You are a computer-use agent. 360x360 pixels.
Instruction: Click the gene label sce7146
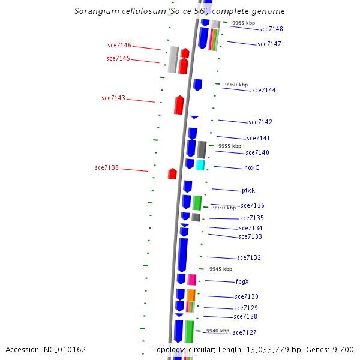point(119,45)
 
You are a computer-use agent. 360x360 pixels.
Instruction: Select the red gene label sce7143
point(113,98)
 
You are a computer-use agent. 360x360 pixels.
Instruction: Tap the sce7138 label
point(107,167)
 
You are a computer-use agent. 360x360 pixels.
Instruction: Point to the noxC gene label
point(251,167)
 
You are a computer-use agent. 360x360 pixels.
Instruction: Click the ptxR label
point(248,190)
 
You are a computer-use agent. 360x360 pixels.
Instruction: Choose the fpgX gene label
point(242,281)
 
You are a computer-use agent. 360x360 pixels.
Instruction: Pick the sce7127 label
point(245,332)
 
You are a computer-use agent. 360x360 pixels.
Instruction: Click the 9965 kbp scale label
point(244,23)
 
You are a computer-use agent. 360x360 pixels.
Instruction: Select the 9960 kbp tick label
point(236,85)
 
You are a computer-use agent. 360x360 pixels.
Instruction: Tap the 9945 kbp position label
point(220,269)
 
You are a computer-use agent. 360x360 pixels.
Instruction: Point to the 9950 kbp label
point(224,208)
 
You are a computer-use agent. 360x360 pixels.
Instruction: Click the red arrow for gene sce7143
point(179,105)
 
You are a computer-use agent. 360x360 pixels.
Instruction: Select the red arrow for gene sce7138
point(172,174)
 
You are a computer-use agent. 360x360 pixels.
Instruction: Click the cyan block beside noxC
point(200,164)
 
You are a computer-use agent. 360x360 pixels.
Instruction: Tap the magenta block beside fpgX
point(192,280)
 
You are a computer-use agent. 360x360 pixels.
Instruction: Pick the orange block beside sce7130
point(191,295)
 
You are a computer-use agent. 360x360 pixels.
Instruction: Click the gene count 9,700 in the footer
point(342,349)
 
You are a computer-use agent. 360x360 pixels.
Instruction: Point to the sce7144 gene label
point(264,90)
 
